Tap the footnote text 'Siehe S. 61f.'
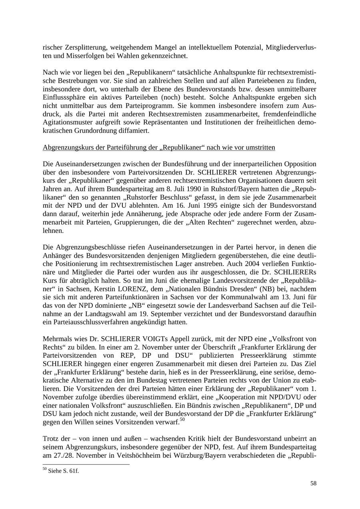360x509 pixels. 63,471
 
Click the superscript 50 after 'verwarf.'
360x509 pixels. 182,419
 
